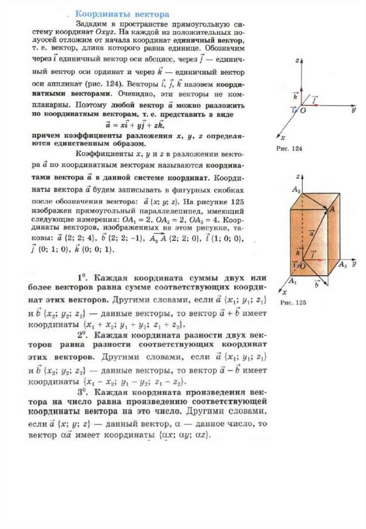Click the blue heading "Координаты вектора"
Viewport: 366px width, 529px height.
[x=122, y=13]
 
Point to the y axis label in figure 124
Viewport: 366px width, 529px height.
[x=353, y=110]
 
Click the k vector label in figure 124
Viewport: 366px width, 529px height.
[x=295, y=96]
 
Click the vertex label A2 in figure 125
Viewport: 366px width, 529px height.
[x=342, y=265]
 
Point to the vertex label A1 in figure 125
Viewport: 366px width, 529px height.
[x=292, y=281]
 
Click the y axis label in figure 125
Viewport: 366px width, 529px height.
[x=354, y=264]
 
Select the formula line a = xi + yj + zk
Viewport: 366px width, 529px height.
[x=137, y=125]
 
